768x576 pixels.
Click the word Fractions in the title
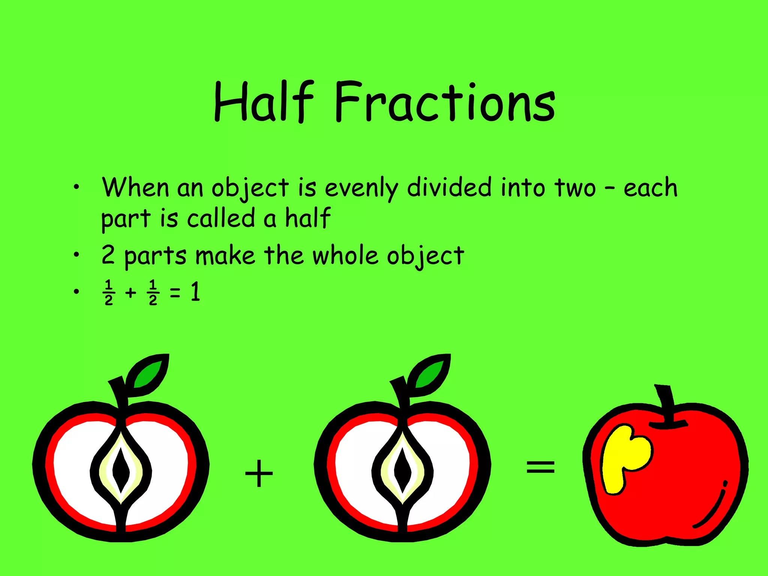pos(445,102)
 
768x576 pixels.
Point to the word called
pos(221,218)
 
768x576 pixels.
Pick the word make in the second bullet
pos(225,255)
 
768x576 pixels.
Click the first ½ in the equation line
pos(109,292)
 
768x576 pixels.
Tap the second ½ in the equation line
pos(153,292)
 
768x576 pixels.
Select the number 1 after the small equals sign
pos(195,292)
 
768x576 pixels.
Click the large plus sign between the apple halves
pos(259,474)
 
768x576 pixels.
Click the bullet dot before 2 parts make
pos(76,255)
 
